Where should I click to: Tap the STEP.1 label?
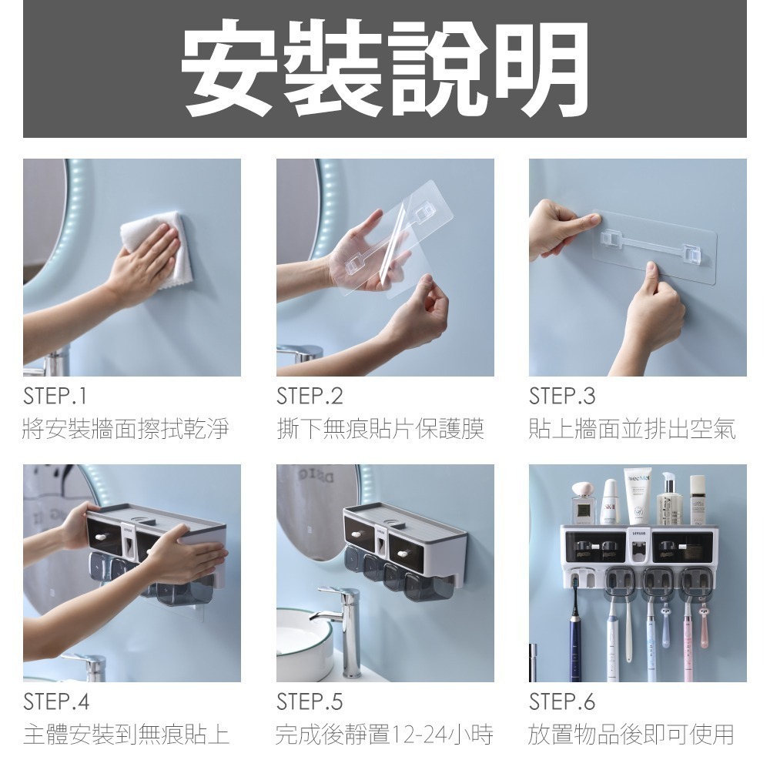point(55,397)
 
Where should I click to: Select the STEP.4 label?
point(56,702)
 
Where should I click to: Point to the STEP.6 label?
point(562,702)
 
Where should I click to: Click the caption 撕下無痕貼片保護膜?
point(380,429)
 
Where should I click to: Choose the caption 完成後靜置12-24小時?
point(383,735)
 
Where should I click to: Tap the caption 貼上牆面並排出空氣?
point(632,429)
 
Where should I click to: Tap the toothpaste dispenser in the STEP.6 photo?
point(638,551)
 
